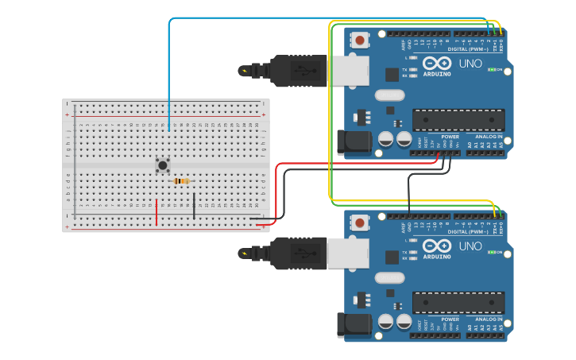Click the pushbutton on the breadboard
click(x=163, y=165)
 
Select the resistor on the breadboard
click(x=181, y=181)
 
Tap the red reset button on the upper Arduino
click(x=360, y=41)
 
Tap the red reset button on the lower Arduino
click(x=360, y=223)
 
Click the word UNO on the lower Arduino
click(x=470, y=246)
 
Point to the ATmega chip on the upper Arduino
click(x=458, y=120)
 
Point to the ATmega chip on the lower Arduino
click(x=458, y=303)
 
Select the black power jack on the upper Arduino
click(x=353, y=142)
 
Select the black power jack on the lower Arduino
click(x=353, y=324)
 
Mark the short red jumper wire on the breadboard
click(x=157, y=212)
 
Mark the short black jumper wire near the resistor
click(x=193, y=205)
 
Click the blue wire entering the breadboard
click(x=168, y=79)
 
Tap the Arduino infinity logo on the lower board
click(x=437, y=246)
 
